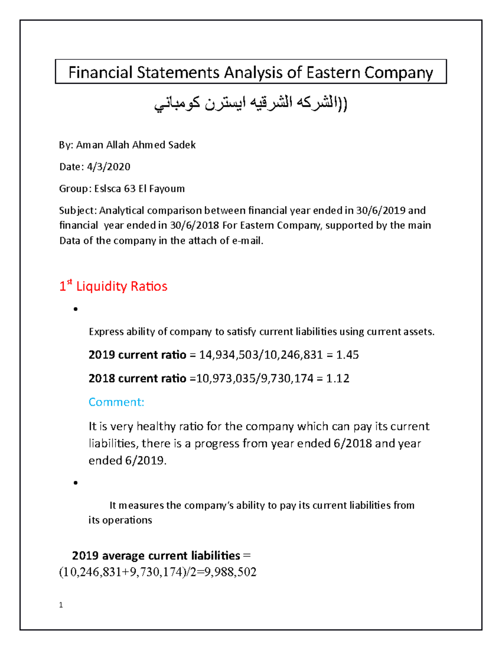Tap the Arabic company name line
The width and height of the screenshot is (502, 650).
coord(251,103)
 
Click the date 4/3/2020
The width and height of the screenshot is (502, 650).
coord(109,167)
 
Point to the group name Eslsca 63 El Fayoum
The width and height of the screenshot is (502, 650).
coord(139,189)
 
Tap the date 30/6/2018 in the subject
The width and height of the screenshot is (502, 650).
coord(195,225)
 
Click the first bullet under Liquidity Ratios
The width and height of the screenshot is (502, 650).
coord(75,309)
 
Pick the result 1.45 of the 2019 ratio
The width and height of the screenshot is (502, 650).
coord(347,355)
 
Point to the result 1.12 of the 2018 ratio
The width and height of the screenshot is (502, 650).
coord(338,378)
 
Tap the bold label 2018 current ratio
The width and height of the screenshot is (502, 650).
coord(137,378)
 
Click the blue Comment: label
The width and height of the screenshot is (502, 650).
coord(116,402)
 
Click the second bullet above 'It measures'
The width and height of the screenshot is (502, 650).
coord(75,483)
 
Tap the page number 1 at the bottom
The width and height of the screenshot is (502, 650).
coord(61,605)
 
